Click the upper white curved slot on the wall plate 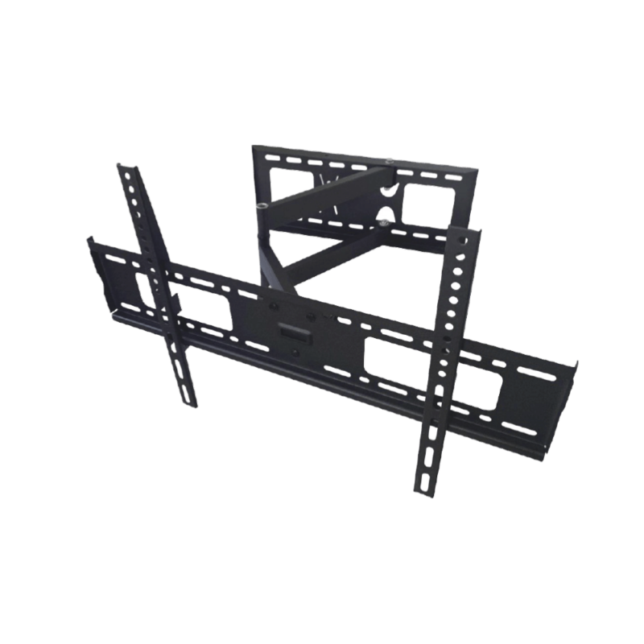(390, 187)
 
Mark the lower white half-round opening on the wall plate (387, 216)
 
